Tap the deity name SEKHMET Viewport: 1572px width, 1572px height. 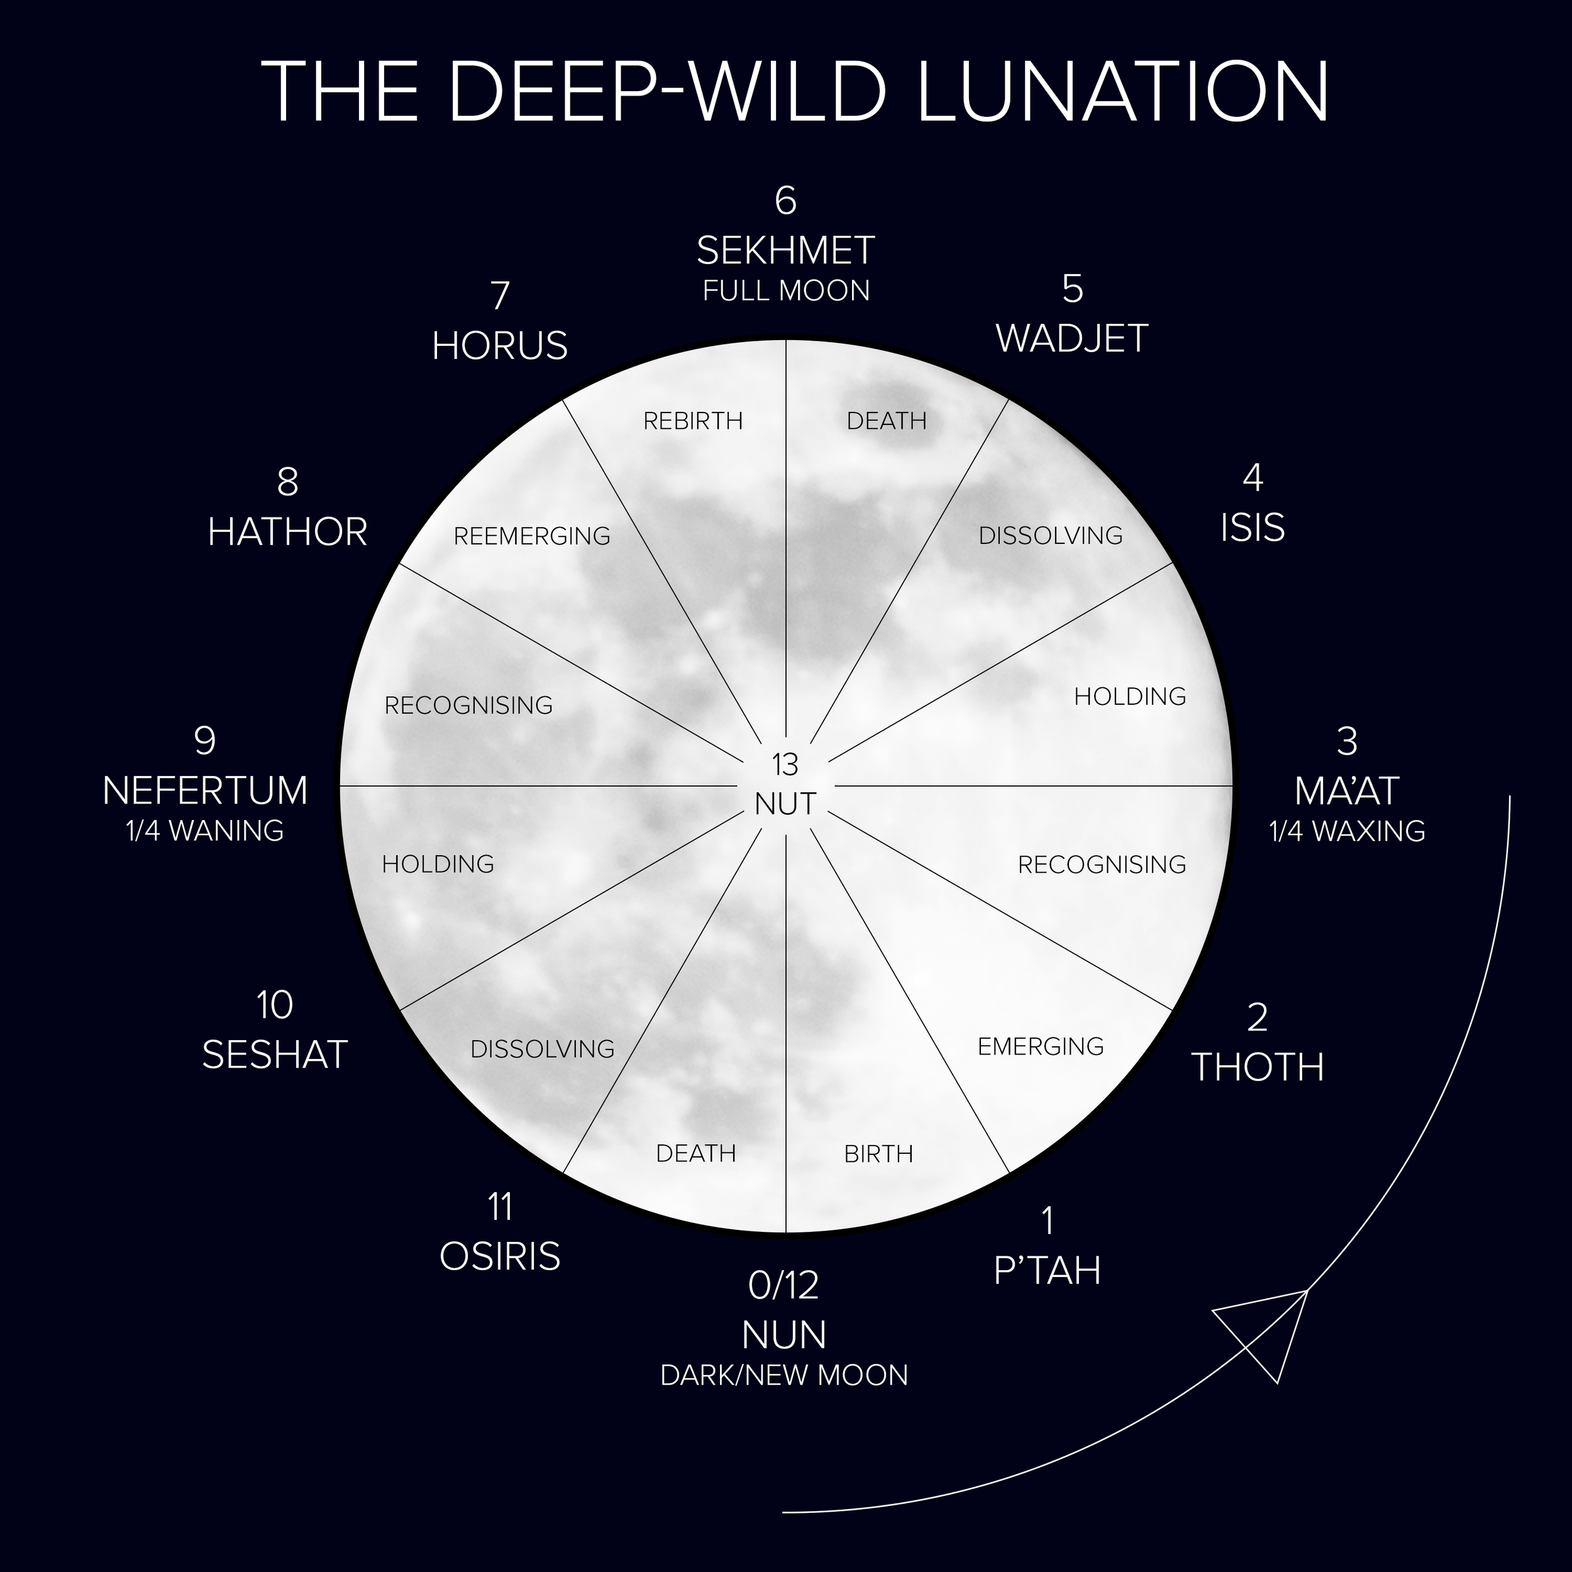(785, 251)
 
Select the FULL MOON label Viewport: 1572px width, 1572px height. (786, 291)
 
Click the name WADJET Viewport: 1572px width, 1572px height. (1071, 338)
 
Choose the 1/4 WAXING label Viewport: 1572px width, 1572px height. (1348, 831)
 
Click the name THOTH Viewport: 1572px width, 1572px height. (1258, 1066)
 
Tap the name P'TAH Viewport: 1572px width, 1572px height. (1047, 1270)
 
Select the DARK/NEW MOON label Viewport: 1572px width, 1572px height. (784, 1375)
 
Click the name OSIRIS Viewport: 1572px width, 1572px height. (500, 1256)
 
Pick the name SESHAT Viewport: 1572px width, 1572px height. (275, 1054)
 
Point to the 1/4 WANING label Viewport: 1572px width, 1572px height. (205, 831)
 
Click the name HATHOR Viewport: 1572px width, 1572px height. (287, 532)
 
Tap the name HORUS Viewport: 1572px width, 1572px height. (500, 346)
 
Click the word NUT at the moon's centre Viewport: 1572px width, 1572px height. (785, 804)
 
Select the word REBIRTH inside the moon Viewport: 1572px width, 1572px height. (693, 421)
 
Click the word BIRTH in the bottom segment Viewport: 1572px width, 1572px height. (879, 1154)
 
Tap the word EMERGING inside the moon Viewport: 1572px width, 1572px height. (1041, 1046)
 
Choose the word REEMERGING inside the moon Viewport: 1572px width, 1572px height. (532, 536)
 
